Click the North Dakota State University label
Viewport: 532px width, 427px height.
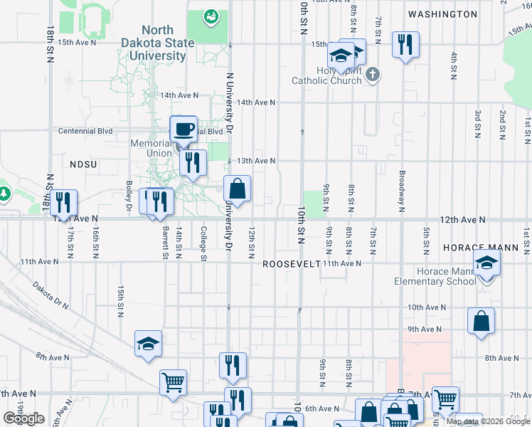pyautogui.click(x=168, y=43)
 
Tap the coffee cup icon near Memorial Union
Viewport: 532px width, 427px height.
pyautogui.click(x=183, y=130)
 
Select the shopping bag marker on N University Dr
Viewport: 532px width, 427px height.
pyautogui.click(x=238, y=189)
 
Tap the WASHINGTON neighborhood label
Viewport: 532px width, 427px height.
pyautogui.click(x=442, y=14)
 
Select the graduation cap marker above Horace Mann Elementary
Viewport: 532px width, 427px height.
pyautogui.click(x=486, y=264)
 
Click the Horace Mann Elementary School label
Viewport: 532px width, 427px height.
pyautogui.click(x=435, y=276)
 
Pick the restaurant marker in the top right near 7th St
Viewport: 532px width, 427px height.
pyautogui.click(x=405, y=46)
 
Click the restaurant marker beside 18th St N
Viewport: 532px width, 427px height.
pyautogui.click(x=64, y=203)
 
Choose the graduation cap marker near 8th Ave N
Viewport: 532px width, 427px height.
pyautogui.click(x=149, y=344)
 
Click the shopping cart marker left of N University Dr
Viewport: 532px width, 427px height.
pyautogui.click(x=173, y=383)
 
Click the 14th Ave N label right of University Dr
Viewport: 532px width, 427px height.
pyautogui.click(x=256, y=102)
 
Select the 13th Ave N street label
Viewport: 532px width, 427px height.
pyautogui.click(x=256, y=161)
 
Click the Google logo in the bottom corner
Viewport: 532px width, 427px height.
pyautogui.click(x=23, y=418)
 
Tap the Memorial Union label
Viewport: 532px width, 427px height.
pyautogui.click(x=151, y=148)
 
